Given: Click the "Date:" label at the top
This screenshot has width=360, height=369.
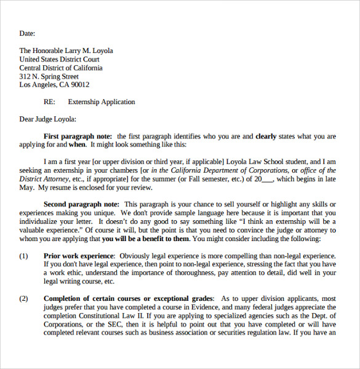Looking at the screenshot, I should click(x=27, y=34).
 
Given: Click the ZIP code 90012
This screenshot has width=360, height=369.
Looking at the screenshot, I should click(x=79, y=85).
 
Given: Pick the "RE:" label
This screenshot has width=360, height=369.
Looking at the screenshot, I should click(x=50, y=102).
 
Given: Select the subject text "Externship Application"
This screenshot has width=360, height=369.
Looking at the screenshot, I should click(x=102, y=102).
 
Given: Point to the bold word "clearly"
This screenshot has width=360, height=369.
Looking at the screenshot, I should click(x=266, y=137).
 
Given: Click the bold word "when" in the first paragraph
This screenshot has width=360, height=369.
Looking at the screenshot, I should click(x=78, y=145).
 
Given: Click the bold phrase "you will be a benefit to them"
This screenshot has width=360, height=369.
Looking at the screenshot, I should click(x=146, y=239).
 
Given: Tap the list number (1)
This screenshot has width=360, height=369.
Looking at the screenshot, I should click(x=24, y=255).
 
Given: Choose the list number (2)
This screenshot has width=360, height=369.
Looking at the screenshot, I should click(x=24, y=298).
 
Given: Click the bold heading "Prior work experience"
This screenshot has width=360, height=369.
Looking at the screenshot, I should click(x=79, y=255).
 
